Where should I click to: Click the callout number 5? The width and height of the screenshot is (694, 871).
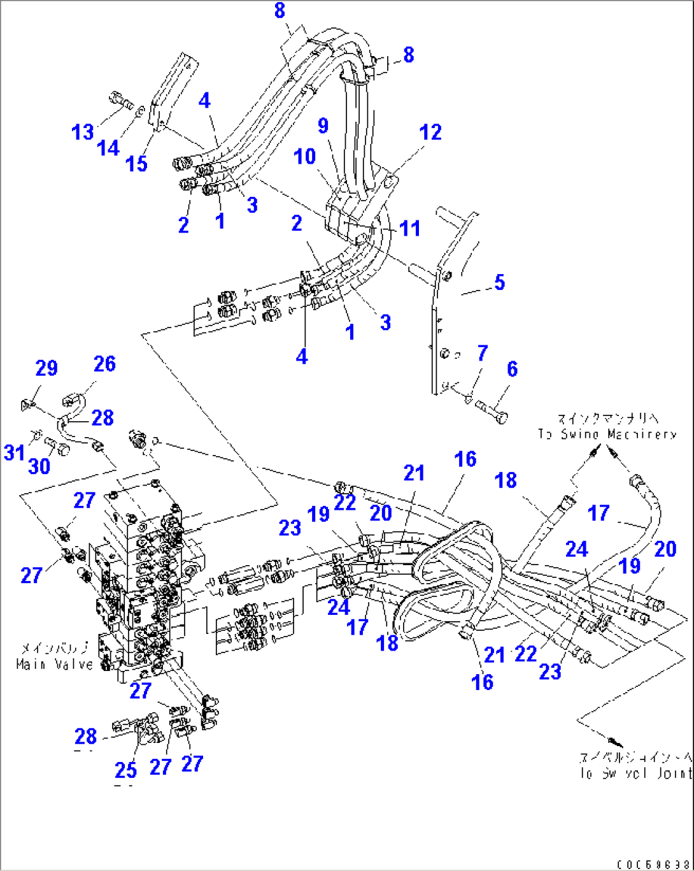[x=499, y=282]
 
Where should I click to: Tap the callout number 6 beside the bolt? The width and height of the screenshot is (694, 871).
[x=512, y=369]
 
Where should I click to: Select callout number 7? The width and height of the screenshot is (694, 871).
[x=483, y=353]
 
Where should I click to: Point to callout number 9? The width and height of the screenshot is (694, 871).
[x=323, y=126]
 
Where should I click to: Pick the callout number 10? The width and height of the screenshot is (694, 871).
[x=305, y=156]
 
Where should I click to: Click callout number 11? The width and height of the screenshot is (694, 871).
[x=410, y=228]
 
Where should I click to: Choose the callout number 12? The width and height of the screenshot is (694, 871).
[x=430, y=132]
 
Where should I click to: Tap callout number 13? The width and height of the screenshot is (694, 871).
[x=83, y=133]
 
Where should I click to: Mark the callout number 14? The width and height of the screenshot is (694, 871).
[x=108, y=148]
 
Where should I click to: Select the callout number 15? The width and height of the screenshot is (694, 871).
[x=136, y=164]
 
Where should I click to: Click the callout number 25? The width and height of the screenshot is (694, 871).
[x=126, y=770]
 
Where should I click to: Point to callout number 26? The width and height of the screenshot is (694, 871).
[x=104, y=364]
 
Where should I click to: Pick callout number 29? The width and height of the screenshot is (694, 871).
[x=46, y=368]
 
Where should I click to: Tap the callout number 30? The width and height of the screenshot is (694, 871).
[x=39, y=466]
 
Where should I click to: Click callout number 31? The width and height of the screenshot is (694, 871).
[x=14, y=452]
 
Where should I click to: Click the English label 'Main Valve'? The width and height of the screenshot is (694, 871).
[x=54, y=665]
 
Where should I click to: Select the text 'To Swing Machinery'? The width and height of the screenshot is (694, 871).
[x=607, y=434]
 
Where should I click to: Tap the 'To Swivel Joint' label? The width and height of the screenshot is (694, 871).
[x=635, y=773]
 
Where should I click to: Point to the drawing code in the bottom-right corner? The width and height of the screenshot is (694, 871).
[x=653, y=864]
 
